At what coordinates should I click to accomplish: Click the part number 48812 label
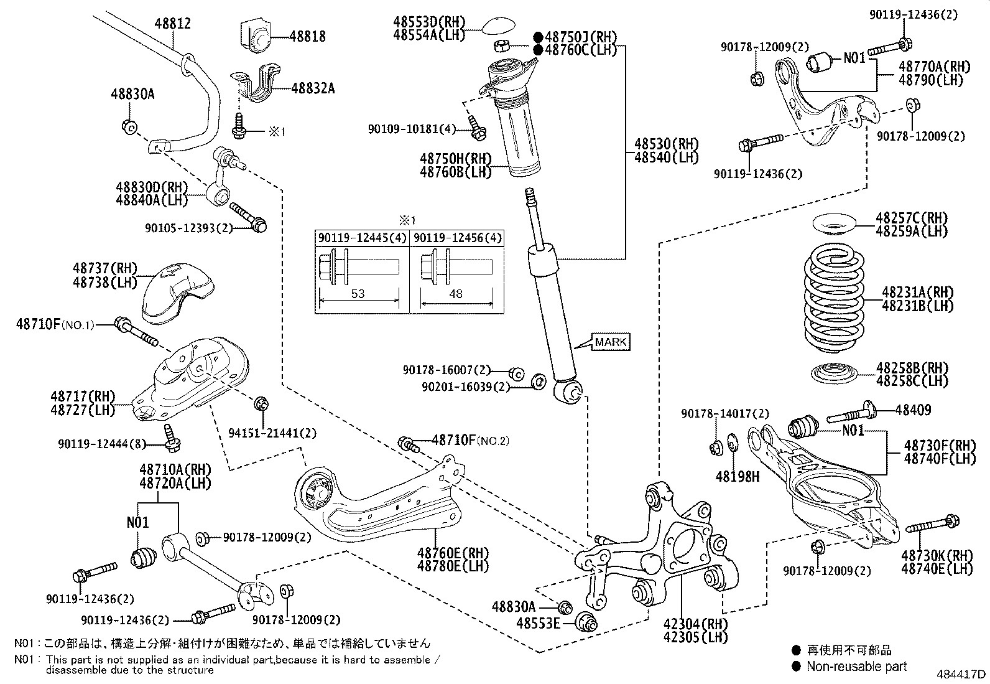(172, 24)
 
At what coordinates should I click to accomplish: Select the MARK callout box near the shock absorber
(611, 342)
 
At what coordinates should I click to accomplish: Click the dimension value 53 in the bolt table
(358, 293)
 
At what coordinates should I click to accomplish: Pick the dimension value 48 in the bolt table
(456, 293)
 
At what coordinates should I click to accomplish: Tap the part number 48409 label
(913, 410)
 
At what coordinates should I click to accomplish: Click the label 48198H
(738, 477)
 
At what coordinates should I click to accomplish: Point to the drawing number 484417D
(961, 674)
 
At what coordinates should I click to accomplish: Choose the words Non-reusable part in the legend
(856, 667)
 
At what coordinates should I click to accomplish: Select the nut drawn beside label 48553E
(586, 622)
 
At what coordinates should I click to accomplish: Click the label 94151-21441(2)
(273, 433)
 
